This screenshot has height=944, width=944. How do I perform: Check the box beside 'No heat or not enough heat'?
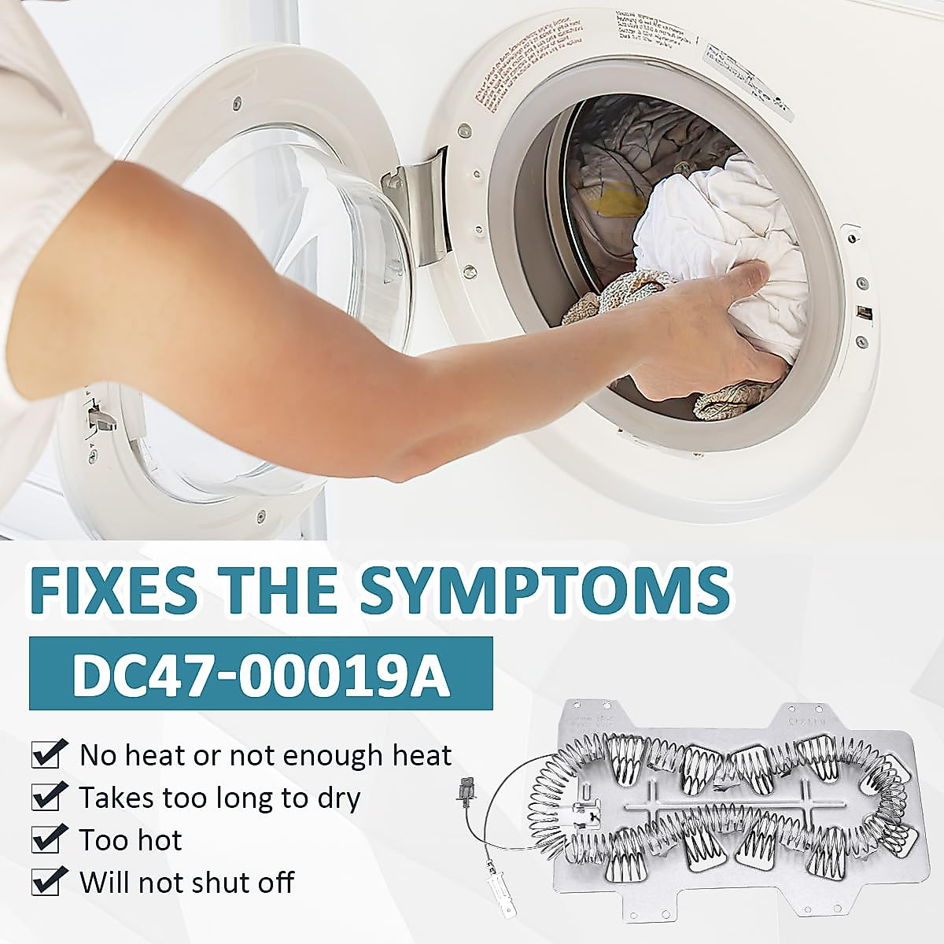(x=46, y=755)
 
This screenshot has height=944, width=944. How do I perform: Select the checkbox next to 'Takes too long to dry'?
(x=46, y=798)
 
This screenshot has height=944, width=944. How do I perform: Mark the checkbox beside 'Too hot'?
(x=46, y=840)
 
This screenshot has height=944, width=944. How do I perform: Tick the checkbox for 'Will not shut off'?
(x=46, y=883)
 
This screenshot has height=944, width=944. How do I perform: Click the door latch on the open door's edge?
(x=99, y=416)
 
